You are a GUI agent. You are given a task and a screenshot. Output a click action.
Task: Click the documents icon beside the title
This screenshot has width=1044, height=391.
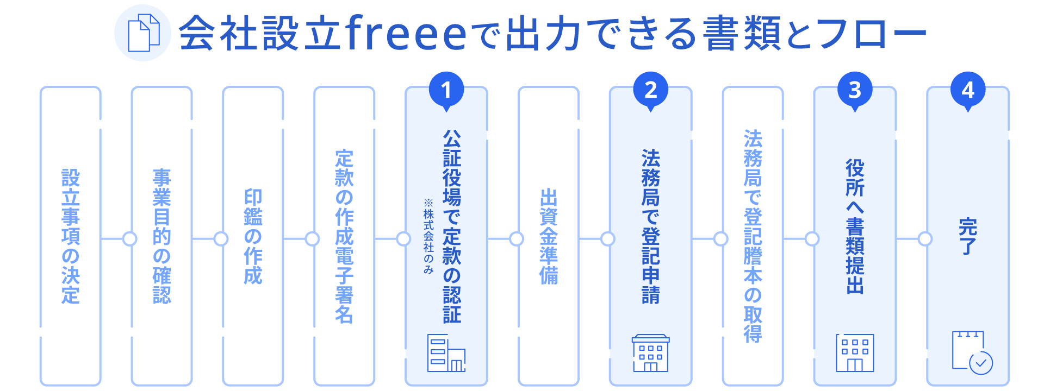pyautogui.click(x=143, y=33)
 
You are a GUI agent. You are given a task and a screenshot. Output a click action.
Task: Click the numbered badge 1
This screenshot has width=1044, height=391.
pyautogui.click(x=446, y=90)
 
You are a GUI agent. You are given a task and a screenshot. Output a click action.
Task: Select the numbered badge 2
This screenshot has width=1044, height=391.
pyautogui.click(x=651, y=90)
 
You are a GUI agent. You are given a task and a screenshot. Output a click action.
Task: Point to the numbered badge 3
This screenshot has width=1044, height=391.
pyautogui.click(x=855, y=90)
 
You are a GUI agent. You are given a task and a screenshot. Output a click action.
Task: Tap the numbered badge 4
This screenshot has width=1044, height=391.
pyautogui.click(x=968, y=90)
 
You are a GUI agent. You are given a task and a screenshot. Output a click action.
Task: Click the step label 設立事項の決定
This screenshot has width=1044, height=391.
pyautogui.click(x=71, y=236)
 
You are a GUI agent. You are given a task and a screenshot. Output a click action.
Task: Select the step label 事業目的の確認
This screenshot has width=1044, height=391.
pyautogui.click(x=162, y=236)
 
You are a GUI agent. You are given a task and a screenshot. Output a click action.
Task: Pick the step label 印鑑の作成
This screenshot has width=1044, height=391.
pyautogui.click(x=253, y=236)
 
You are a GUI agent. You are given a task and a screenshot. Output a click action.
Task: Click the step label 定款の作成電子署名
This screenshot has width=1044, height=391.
pyautogui.click(x=344, y=236)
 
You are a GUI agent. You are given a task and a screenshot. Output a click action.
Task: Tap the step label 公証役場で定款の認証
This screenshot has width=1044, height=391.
pyautogui.click(x=452, y=226)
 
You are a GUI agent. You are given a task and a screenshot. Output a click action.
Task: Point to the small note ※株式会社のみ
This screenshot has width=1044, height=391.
pyautogui.click(x=428, y=236)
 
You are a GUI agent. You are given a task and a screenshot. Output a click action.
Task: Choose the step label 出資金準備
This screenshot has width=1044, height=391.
pyautogui.click(x=549, y=236)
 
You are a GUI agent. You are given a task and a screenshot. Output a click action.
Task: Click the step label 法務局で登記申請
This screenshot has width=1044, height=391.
pyautogui.click(x=651, y=226)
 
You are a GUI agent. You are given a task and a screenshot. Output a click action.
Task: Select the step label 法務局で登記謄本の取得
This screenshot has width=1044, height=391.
pyautogui.click(x=753, y=236)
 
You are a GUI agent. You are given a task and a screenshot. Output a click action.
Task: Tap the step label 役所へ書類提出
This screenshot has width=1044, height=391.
pyautogui.click(x=855, y=226)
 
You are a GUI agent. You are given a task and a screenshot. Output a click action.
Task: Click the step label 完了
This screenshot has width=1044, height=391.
pyautogui.click(x=968, y=236)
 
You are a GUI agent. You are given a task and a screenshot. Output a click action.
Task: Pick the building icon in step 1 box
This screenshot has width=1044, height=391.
pyautogui.click(x=446, y=354)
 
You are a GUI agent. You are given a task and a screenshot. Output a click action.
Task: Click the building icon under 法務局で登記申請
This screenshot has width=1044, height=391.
pyautogui.click(x=651, y=353)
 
